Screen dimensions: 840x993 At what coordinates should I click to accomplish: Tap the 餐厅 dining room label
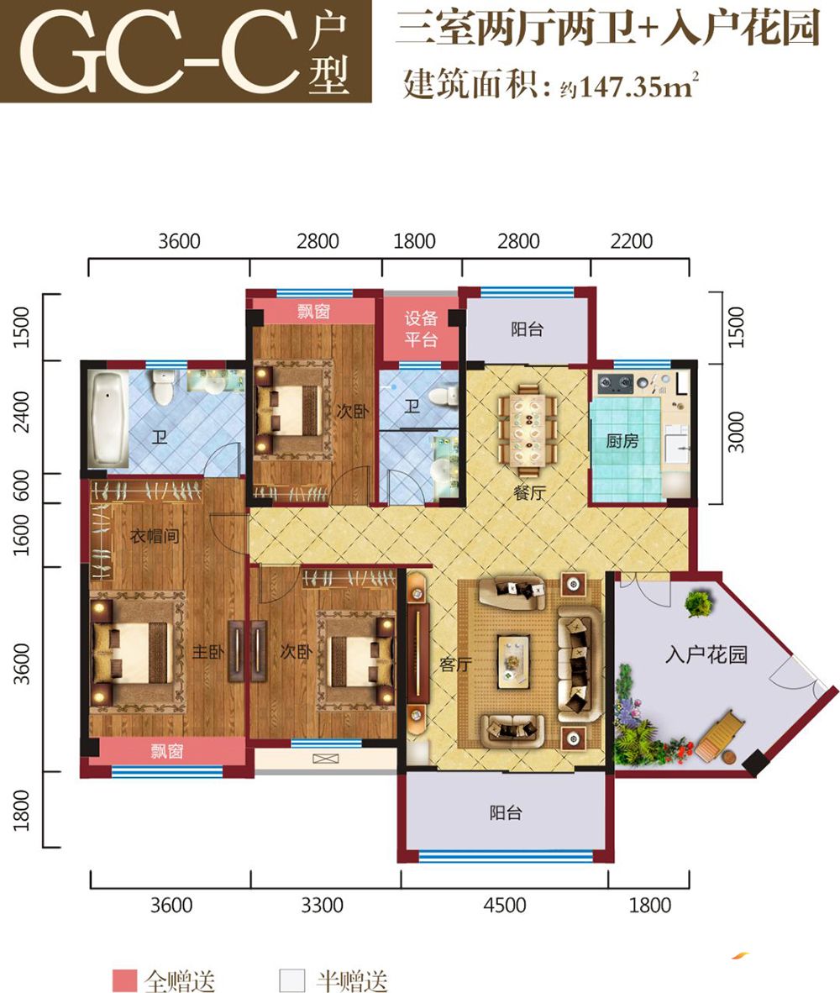(x=529, y=492)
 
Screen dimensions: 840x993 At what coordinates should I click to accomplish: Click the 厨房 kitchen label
(x=622, y=440)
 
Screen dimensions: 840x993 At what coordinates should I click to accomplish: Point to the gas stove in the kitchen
(x=616, y=382)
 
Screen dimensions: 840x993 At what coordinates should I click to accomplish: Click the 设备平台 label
(x=421, y=328)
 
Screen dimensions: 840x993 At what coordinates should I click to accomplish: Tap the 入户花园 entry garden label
(x=706, y=654)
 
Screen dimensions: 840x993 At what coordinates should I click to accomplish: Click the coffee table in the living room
(x=513, y=661)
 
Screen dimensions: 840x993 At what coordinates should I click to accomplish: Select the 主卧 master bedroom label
(x=207, y=651)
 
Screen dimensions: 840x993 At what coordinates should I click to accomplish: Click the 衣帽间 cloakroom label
(x=155, y=536)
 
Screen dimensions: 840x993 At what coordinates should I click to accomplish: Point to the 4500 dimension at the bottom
(x=505, y=905)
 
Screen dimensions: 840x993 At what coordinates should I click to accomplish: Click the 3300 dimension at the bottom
(x=323, y=905)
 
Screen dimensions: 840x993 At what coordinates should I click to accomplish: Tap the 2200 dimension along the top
(x=631, y=241)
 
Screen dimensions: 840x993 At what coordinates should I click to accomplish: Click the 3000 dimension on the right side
(x=736, y=432)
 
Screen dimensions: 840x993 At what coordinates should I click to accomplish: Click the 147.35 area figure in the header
(x=618, y=87)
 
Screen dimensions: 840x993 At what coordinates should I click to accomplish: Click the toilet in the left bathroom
(x=163, y=387)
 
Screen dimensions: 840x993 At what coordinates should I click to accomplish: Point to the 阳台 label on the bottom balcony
(x=506, y=812)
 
